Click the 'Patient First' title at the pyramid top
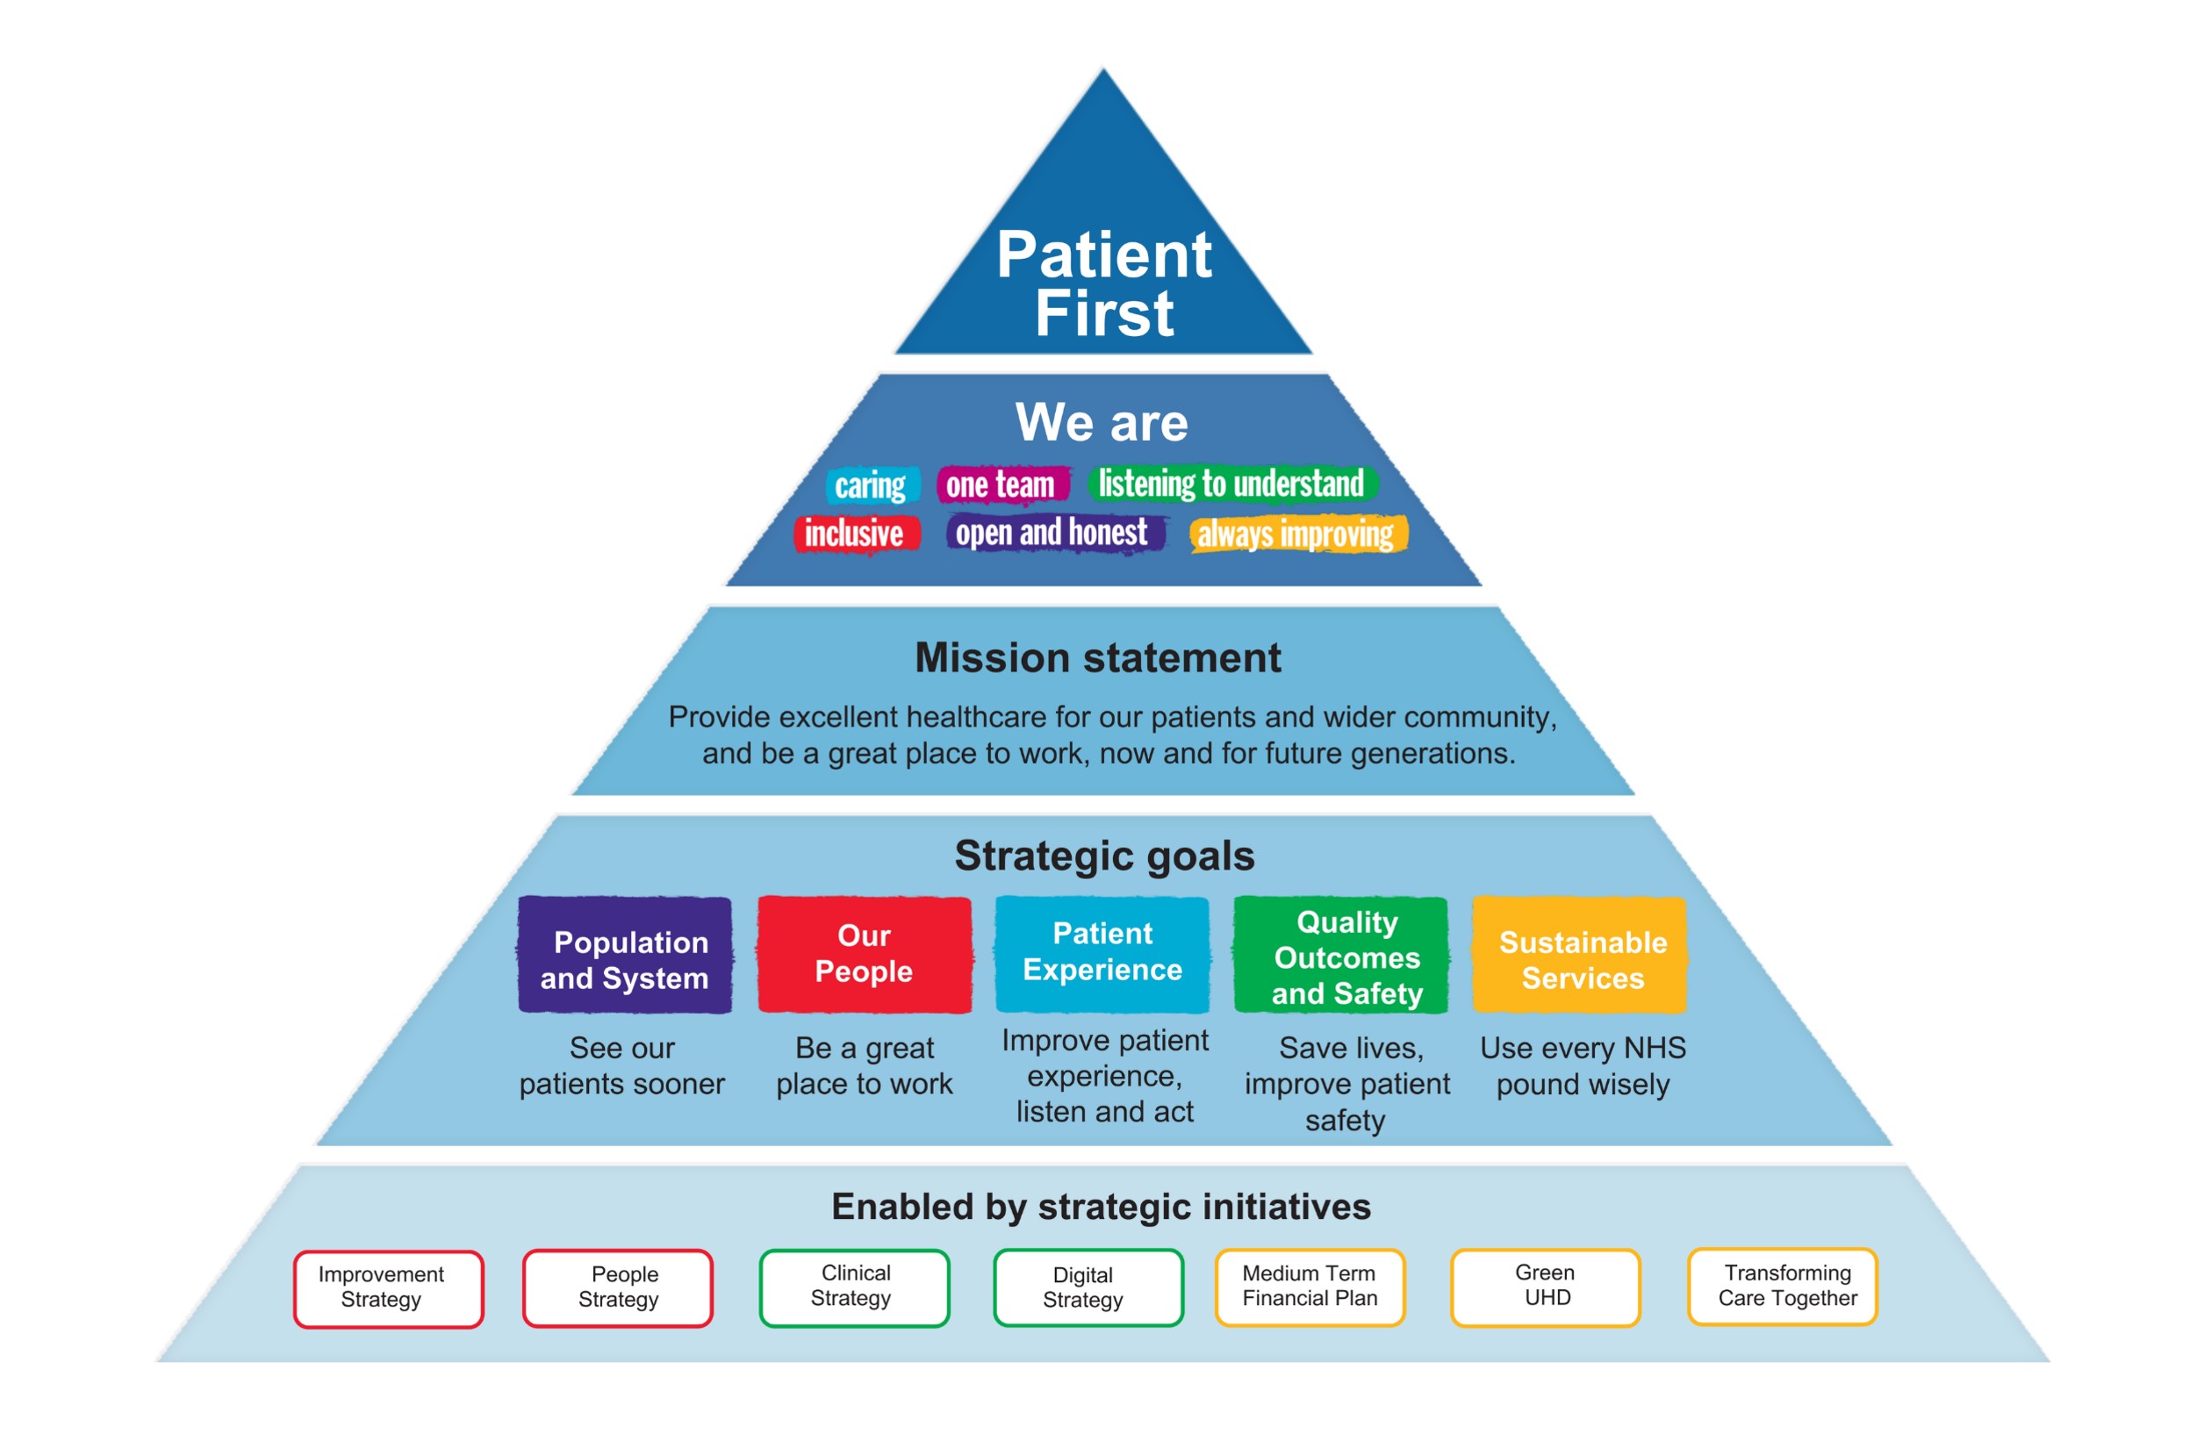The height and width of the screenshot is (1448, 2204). click(x=1104, y=283)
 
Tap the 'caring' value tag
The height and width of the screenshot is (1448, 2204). click(x=872, y=485)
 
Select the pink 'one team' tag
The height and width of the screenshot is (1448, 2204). click(x=1003, y=484)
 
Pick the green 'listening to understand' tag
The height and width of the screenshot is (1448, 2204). click(x=1232, y=484)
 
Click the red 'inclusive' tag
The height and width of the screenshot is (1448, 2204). click(x=856, y=534)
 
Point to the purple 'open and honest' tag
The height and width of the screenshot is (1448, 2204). click(x=1055, y=534)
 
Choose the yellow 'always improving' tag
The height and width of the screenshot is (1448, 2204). click(x=1298, y=534)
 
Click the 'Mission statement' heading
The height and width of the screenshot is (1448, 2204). click(x=1098, y=657)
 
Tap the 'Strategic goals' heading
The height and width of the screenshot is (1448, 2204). click(x=1105, y=856)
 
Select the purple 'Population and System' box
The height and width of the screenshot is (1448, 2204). click(x=625, y=955)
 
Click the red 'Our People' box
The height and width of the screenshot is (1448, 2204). click(x=865, y=955)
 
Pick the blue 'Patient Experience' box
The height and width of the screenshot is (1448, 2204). click(x=1103, y=955)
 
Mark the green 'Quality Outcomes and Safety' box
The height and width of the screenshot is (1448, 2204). click(x=1342, y=955)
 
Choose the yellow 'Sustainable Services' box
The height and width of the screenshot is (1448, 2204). click(x=1581, y=955)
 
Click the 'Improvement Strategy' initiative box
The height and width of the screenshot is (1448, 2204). click(x=388, y=1289)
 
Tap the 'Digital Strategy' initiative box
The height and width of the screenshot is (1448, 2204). click(x=1088, y=1287)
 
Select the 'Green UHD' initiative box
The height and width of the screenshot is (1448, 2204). click(x=1546, y=1287)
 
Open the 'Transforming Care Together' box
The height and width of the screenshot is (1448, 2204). click(x=1783, y=1287)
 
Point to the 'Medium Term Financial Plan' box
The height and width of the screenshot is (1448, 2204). click(x=1310, y=1287)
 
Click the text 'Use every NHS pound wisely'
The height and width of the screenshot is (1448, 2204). click(x=1583, y=1065)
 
